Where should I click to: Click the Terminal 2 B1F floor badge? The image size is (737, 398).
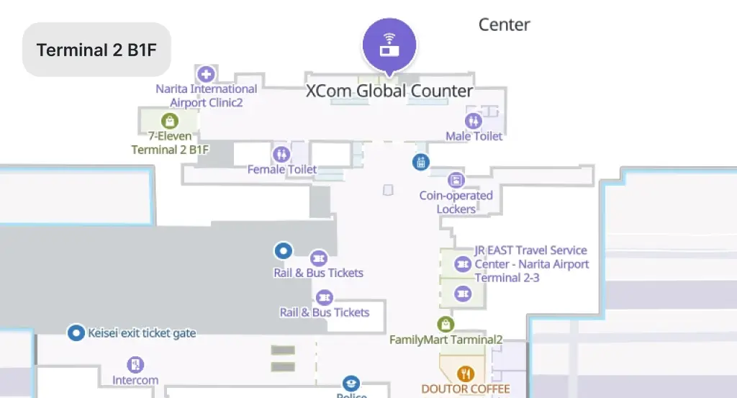click(x=96, y=50)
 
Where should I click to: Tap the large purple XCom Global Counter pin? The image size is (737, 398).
click(x=389, y=45)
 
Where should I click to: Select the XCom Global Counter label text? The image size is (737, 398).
click(x=389, y=91)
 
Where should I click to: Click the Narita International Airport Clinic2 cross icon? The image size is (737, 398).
click(x=206, y=74)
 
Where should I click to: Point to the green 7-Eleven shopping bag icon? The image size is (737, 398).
click(x=170, y=121)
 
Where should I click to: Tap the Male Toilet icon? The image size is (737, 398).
click(x=474, y=121)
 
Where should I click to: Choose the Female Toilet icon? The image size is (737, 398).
click(x=281, y=154)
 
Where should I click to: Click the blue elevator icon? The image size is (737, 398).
click(x=420, y=162)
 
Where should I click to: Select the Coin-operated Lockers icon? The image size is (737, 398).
click(x=456, y=180)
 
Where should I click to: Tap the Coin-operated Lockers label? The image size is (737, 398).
click(x=456, y=202)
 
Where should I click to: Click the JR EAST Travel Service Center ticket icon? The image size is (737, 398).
click(x=463, y=264)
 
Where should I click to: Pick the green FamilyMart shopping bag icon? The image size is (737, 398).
click(x=445, y=324)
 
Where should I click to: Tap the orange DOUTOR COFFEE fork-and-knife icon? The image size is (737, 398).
click(x=466, y=374)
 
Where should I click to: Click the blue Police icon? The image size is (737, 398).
click(x=351, y=384)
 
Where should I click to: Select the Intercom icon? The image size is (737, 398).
click(x=135, y=365)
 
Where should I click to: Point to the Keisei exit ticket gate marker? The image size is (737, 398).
click(x=76, y=333)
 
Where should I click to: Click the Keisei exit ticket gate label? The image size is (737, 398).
click(x=142, y=333)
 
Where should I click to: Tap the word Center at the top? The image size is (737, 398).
click(x=504, y=24)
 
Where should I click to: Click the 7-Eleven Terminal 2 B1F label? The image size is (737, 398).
click(x=170, y=143)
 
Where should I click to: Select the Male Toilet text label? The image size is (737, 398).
click(x=474, y=136)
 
